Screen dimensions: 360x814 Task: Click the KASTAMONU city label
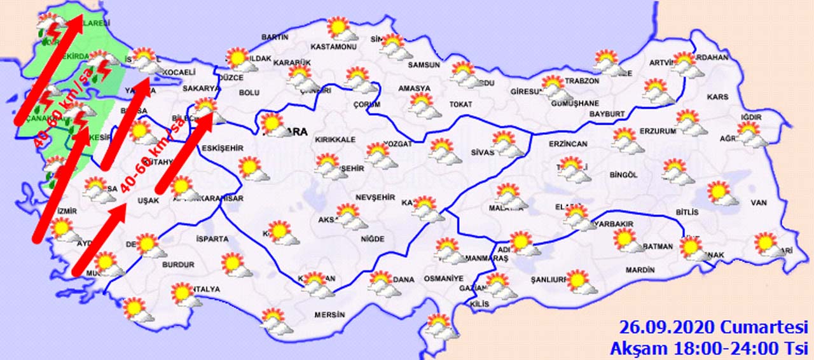[333, 47]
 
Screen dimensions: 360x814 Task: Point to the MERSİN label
[329, 315]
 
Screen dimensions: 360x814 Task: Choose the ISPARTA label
[212, 239]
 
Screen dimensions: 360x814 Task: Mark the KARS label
[717, 97]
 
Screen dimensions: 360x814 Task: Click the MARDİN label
[640, 270]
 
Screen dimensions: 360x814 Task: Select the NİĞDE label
[372, 239]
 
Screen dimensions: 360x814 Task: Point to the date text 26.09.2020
[667, 328]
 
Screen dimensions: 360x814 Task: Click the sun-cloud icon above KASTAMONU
[338, 28]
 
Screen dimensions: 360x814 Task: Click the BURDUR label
[178, 265]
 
